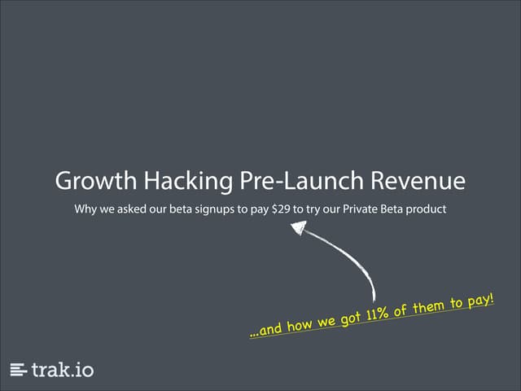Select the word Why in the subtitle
[85, 209]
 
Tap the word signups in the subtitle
[217, 209]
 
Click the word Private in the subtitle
[365, 209]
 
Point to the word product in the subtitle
[426, 209]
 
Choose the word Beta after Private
[396, 209]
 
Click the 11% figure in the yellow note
[375, 314]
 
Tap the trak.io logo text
[63, 370]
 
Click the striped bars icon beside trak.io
[19, 370]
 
